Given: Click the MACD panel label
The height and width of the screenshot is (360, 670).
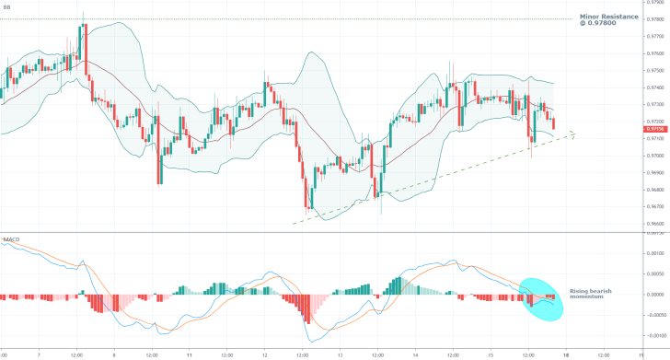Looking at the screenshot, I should (x=12, y=239).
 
